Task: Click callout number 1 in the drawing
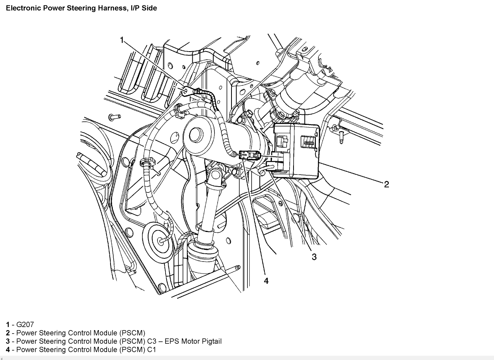point(122,40)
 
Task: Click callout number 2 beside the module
point(386,184)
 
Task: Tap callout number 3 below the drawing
point(314,257)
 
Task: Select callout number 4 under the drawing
point(266,281)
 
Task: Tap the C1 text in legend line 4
point(152,350)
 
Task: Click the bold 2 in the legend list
point(8,333)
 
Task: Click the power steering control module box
point(297,149)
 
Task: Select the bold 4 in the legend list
point(8,350)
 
